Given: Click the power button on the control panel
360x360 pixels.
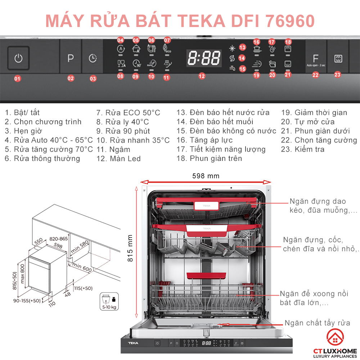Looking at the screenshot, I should click(x=18, y=58).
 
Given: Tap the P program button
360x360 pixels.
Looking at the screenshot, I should click(x=71, y=58).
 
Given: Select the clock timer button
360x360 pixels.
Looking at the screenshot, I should click(x=93, y=58).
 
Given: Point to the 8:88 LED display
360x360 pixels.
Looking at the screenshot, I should click(x=204, y=58).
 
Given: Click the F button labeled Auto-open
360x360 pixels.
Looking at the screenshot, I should click(x=316, y=59).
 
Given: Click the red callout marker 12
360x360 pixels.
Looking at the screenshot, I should click(x=202, y=76).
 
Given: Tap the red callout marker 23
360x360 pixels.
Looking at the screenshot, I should click(x=337, y=75).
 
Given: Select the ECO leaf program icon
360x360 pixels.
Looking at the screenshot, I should click(x=167, y=49).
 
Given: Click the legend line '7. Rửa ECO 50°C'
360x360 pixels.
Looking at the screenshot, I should click(x=128, y=113).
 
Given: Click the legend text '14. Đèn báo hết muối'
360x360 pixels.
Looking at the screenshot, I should click(x=215, y=122).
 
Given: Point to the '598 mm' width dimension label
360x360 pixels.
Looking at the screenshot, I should click(x=206, y=176).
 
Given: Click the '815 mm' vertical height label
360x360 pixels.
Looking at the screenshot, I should click(x=130, y=248).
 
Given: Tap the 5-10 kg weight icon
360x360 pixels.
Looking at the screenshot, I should click(x=108, y=301).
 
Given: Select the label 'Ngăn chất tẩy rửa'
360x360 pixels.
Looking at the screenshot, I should click(x=317, y=323).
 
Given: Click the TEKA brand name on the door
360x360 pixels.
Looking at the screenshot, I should click(x=134, y=343).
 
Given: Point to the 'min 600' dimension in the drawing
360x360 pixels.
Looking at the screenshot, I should click(x=82, y=267).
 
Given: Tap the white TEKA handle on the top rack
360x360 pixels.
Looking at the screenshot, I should click(x=207, y=206).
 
